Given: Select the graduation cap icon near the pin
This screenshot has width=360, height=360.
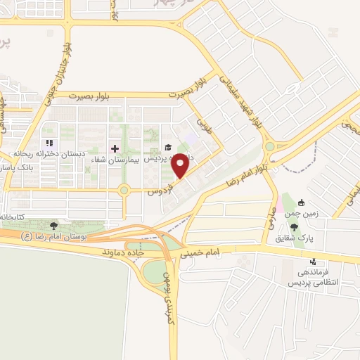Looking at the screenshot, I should click(x=167, y=148).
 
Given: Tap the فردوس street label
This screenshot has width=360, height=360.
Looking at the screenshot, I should click(x=155, y=190).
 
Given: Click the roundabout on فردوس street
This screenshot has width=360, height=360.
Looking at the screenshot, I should click(x=124, y=189).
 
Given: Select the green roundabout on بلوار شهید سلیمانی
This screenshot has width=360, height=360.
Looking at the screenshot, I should click(x=269, y=147).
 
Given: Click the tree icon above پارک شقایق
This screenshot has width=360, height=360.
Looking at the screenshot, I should click(x=294, y=227).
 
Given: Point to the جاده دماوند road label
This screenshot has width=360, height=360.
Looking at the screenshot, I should click(x=124, y=251).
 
